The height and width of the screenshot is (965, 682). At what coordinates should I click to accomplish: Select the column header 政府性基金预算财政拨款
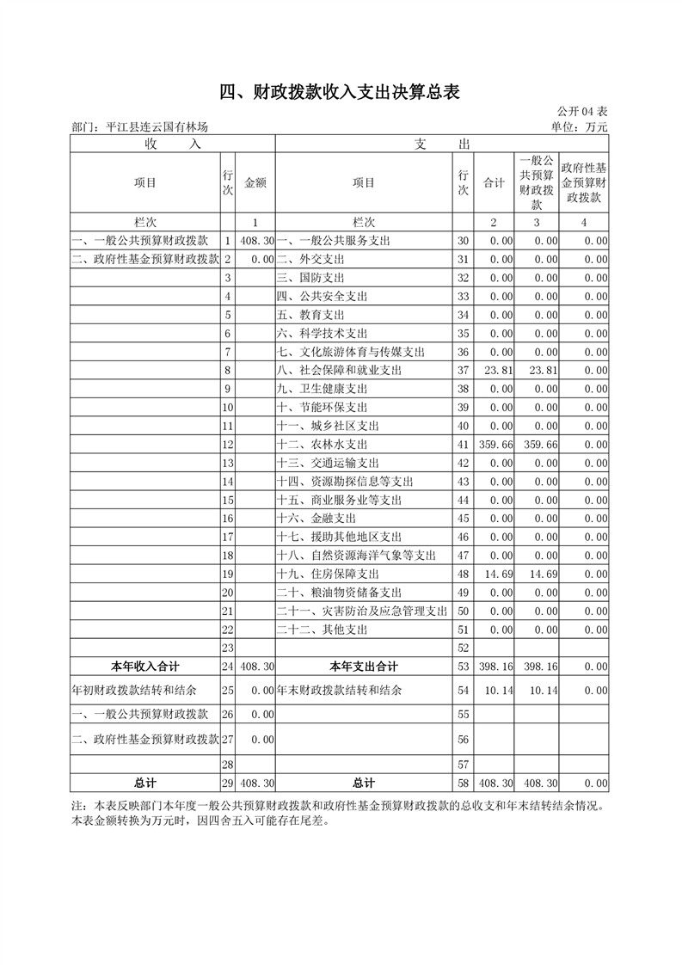[584, 183]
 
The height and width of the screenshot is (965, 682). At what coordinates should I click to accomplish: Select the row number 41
[464, 445]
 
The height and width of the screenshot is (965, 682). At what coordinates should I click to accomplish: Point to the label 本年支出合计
[364, 667]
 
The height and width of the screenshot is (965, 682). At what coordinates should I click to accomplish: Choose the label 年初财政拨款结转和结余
[133, 690]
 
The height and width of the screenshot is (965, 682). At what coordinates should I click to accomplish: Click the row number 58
[464, 783]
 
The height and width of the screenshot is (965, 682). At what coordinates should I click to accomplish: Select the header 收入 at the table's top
[173, 144]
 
